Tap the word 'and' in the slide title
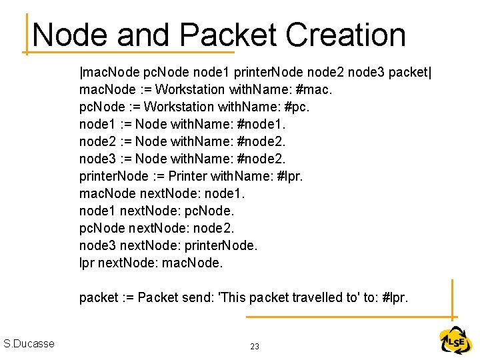tap(141, 35)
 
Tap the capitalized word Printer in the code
tap(187, 176)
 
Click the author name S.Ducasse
tap(29, 344)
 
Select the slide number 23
tap(255, 347)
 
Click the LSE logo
tap(455, 341)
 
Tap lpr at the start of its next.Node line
tap(87, 263)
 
